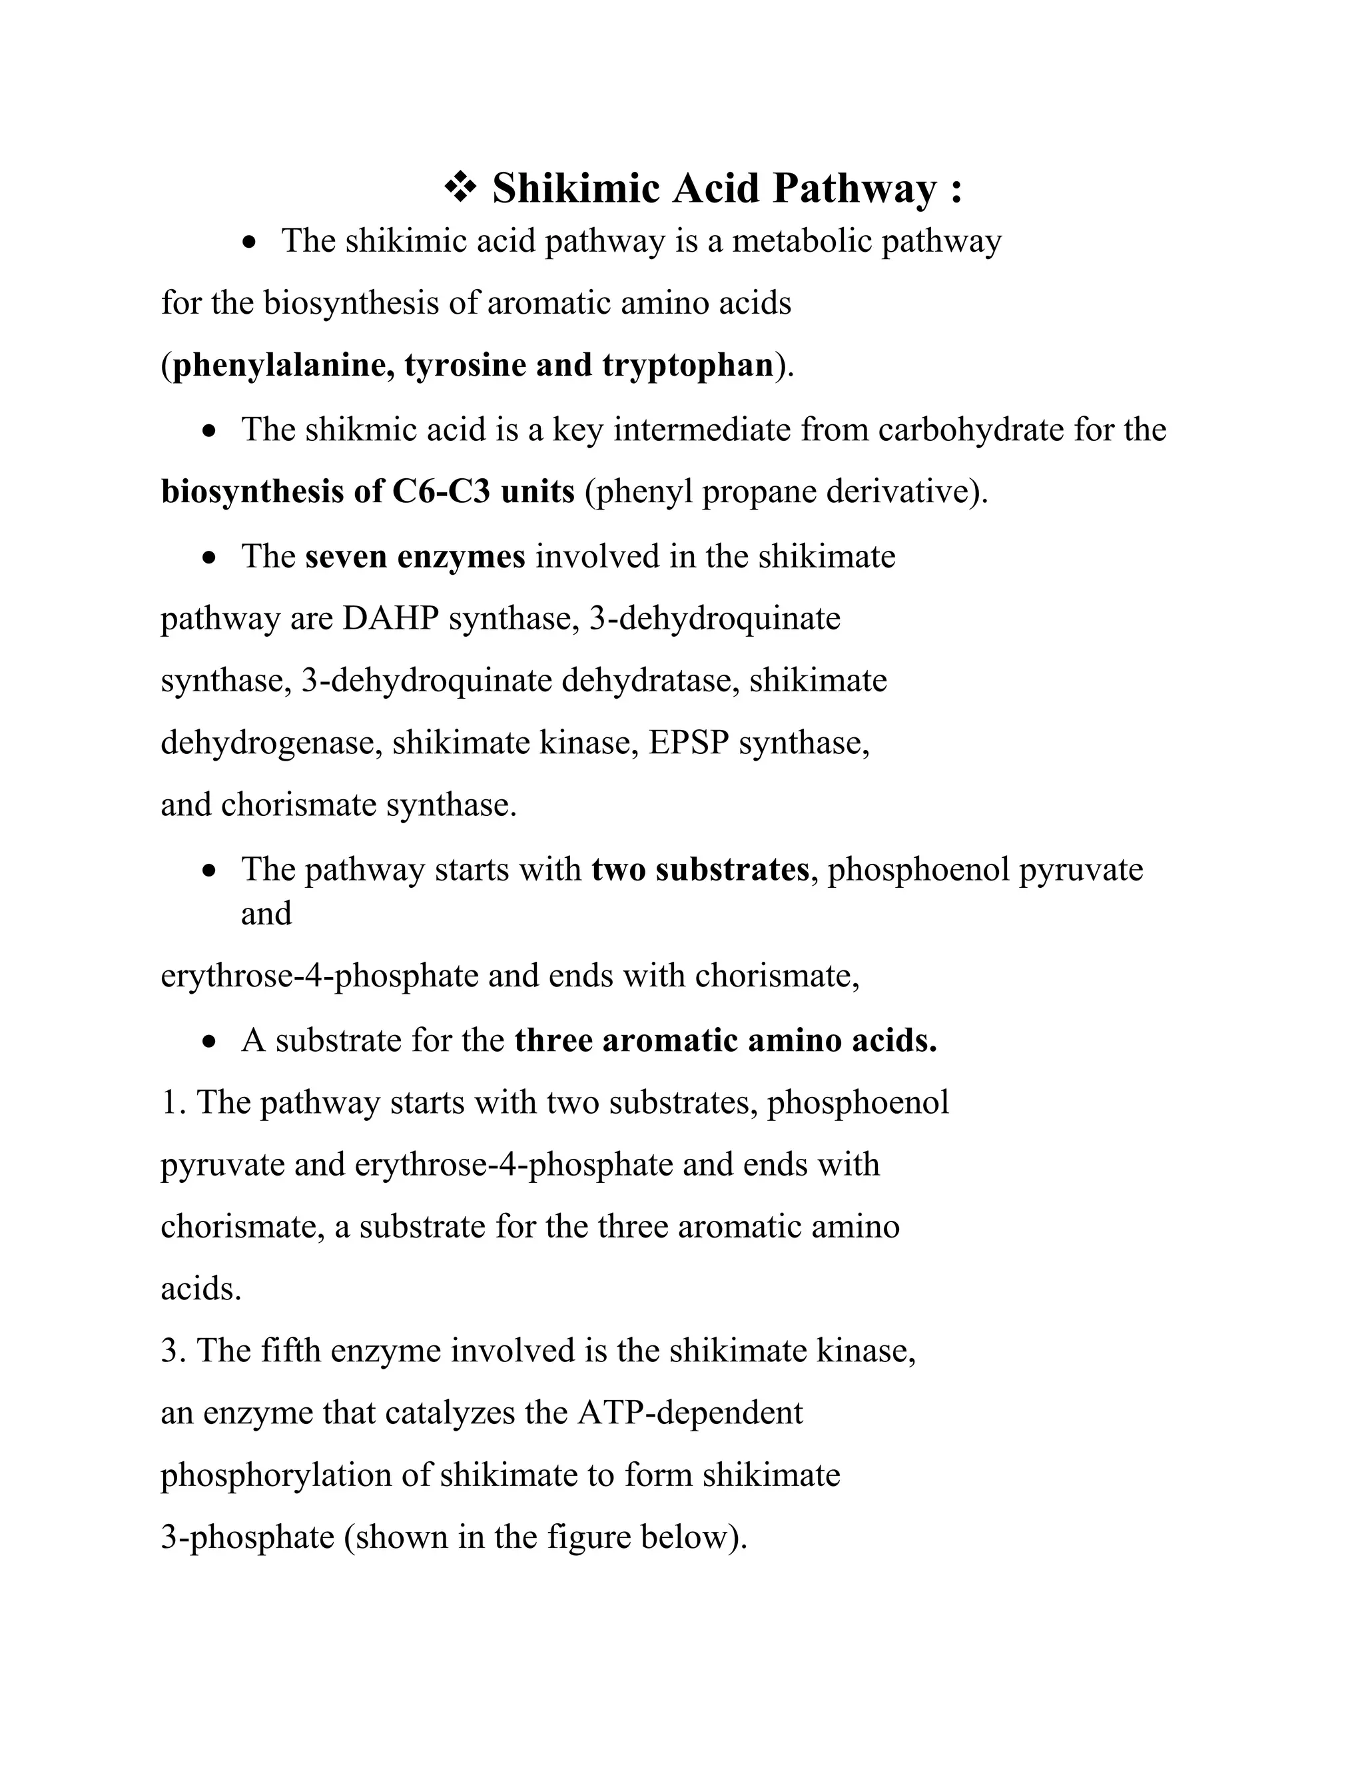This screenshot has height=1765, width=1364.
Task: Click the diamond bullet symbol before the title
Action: tap(461, 188)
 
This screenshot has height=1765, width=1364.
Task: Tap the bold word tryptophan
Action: tap(687, 365)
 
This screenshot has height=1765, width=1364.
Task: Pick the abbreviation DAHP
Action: tap(390, 618)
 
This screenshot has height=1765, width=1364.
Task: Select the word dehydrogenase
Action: tap(270, 743)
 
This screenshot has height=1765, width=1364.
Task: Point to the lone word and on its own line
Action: tap(266, 914)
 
